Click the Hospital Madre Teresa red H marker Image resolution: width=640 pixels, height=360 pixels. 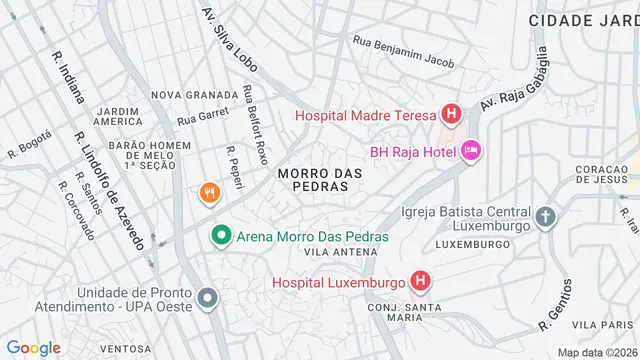pos(451,115)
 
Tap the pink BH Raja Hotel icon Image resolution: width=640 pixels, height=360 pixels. pos(471,151)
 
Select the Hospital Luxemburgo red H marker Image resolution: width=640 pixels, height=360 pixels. pos(420,282)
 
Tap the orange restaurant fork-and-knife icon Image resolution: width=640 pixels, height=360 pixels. pos(208,192)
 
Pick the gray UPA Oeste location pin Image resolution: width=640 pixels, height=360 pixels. pos(208,298)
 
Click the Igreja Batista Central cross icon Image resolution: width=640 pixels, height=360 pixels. pos(545,216)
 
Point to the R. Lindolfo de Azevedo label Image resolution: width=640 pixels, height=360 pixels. pos(111,190)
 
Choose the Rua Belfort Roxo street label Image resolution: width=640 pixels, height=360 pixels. pos(255,123)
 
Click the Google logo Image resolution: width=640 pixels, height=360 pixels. pos(34,347)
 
